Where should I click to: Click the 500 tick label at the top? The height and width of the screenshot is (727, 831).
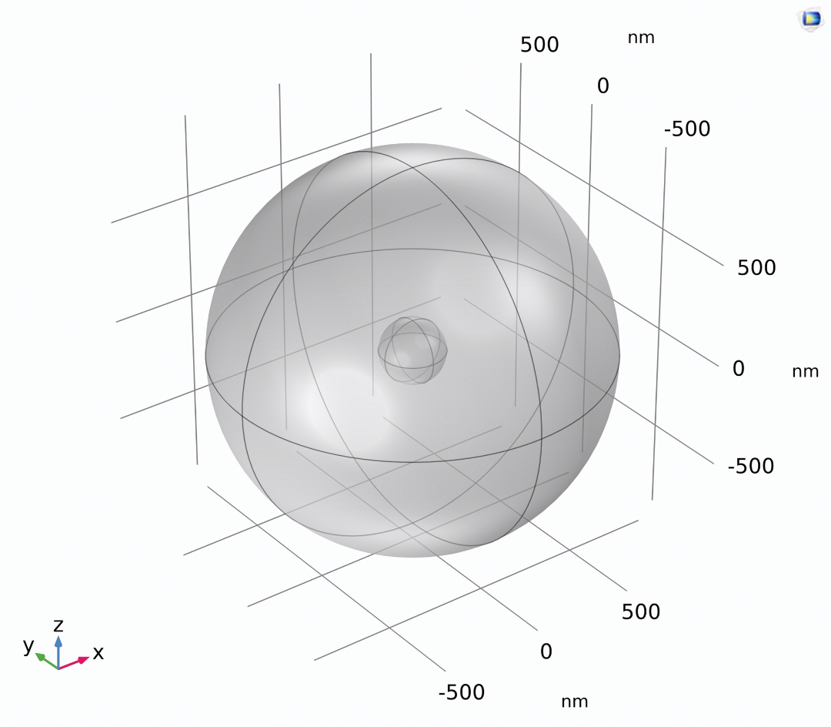539,45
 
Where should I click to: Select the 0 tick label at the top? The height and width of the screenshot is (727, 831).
603,86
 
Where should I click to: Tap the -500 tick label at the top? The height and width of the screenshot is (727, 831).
687,129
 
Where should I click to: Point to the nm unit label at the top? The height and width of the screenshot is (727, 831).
641,39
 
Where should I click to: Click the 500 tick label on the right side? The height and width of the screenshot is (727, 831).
756,268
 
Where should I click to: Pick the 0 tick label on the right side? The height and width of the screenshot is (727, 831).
739,369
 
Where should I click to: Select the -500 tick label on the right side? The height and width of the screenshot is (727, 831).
750,466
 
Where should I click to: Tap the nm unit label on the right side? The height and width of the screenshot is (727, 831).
806,372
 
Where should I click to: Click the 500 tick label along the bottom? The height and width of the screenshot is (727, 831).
641,612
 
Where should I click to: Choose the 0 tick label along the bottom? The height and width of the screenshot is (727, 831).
546,652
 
